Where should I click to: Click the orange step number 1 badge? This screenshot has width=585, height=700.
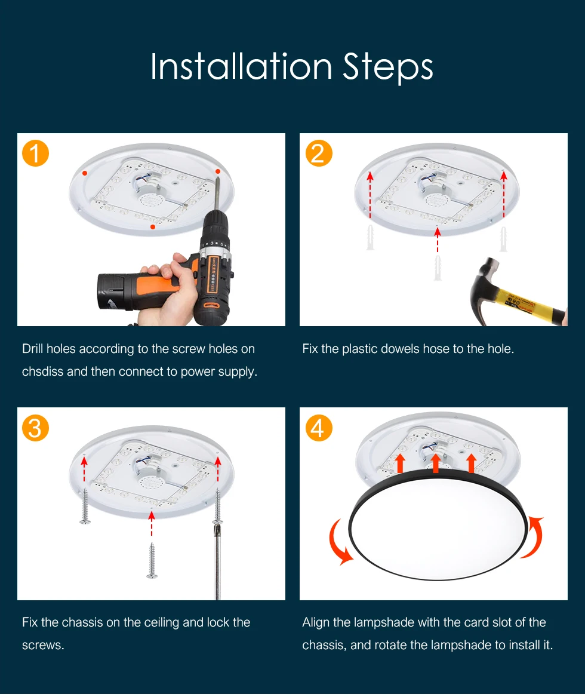(x=35, y=153)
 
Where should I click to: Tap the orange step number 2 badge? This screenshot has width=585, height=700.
(x=319, y=153)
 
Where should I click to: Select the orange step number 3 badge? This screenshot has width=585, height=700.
(x=35, y=428)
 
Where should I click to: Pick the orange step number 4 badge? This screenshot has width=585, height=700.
(x=319, y=428)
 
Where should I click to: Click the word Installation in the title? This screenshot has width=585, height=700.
(x=241, y=66)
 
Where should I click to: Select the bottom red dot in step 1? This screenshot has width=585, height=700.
(x=153, y=227)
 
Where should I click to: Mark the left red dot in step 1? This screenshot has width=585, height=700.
(x=85, y=173)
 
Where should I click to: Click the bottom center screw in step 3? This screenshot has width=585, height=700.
(x=152, y=560)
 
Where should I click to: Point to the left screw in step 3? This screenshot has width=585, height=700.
(x=84, y=506)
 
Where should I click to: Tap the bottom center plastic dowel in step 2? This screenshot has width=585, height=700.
(x=438, y=268)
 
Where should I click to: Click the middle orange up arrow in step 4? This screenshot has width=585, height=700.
(x=436, y=463)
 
